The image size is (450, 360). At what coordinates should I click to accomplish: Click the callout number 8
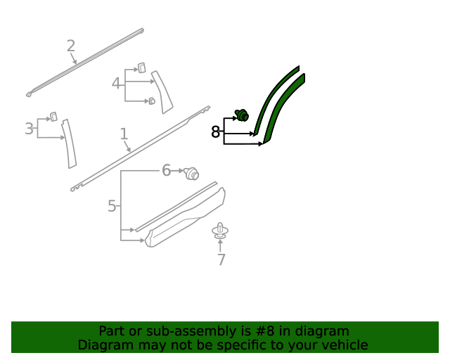[x=215, y=132]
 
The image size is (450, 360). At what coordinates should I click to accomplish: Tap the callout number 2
[x=71, y=46]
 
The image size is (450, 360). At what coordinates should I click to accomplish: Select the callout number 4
[x=115, y=84]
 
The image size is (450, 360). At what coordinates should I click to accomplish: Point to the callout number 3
[x=29, y=129]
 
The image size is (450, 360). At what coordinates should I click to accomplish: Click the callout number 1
[x=124, y=134]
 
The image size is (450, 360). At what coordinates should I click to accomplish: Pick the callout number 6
[x=166, y=170]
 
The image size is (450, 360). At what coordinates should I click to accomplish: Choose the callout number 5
[x=112, y=206]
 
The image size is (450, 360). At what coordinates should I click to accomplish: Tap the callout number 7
[x=221, y=259]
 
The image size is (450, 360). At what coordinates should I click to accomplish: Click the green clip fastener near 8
[x=242, y=115]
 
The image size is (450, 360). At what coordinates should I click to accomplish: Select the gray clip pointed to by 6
[x=191, y=174]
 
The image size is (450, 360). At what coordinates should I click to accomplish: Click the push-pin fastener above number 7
[x=220, y=231]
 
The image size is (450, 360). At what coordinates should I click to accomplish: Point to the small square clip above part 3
[x=53, y=117]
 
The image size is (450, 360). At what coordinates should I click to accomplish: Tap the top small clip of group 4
[x=141, y=67]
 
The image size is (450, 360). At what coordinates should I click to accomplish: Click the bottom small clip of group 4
[x=152, y=101]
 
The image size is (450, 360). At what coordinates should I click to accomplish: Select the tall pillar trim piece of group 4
[x=162, y=92]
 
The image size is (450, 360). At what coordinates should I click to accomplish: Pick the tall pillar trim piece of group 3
[x=70, y=143]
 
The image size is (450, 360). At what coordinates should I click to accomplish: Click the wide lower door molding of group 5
[x=185, y=217]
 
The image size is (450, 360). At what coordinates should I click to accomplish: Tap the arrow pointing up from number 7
[x=220, y=245]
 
